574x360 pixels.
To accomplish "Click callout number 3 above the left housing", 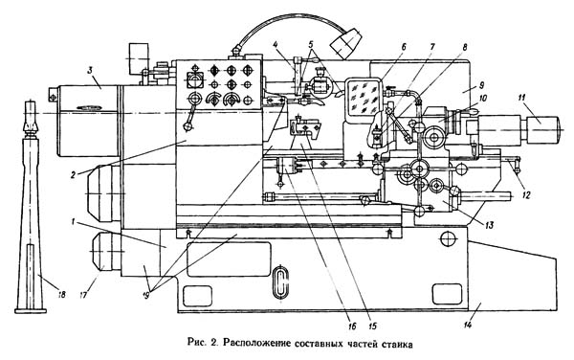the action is coord(90,71).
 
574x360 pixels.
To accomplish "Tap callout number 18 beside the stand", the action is coord(61,293).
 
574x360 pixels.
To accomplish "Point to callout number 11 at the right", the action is coord(521,98).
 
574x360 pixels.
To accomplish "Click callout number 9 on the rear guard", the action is coord(481,85).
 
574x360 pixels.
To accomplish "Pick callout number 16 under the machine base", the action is coord(352,326).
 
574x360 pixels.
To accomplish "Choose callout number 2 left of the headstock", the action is coord(74,174).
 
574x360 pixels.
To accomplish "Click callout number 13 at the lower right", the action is coord(489,224).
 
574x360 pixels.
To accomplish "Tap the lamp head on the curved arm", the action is coord(345,44).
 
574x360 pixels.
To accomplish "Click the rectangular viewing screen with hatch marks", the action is coord(364,96).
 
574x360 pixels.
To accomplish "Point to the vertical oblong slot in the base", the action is coord(280,282).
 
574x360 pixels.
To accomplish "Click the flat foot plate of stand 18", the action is coord(31,311).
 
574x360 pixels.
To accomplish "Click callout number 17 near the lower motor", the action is coord(84,293).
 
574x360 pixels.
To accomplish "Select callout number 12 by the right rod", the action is coord(526,195).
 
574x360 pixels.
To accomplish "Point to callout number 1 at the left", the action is coord(74,221).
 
